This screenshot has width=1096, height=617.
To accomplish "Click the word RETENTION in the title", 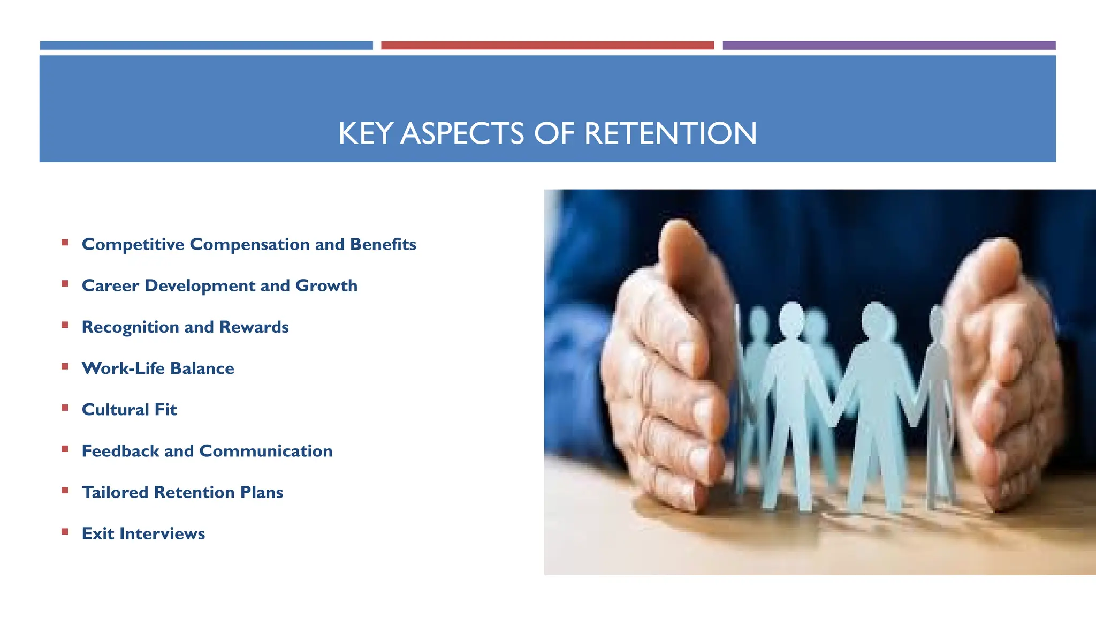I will [670, 133].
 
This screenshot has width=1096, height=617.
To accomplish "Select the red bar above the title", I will [547, 46].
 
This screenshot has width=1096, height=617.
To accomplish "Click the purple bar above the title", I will [888, 46].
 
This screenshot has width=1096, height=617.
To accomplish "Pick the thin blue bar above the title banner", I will [206, 46].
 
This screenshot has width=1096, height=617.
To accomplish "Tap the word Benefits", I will [383, 244].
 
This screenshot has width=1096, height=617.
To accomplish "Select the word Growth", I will [326, 285].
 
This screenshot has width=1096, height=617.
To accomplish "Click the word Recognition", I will [131, 327].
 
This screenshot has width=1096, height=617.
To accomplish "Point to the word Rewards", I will [254, 327].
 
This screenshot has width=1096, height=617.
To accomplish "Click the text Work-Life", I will [123, 368].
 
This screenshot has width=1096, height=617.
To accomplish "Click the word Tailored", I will [115, 492].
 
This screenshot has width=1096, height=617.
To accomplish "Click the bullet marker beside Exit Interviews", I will [65, 532].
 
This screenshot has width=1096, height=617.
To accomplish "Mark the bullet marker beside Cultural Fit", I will [65, 408].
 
